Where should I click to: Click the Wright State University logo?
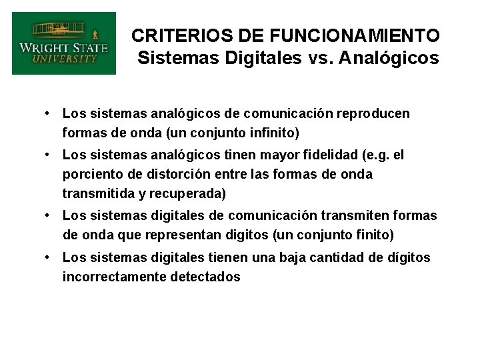click(63, 43)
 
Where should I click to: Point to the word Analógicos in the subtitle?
click(389, 58)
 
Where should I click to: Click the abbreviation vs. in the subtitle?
click(323, 58)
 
